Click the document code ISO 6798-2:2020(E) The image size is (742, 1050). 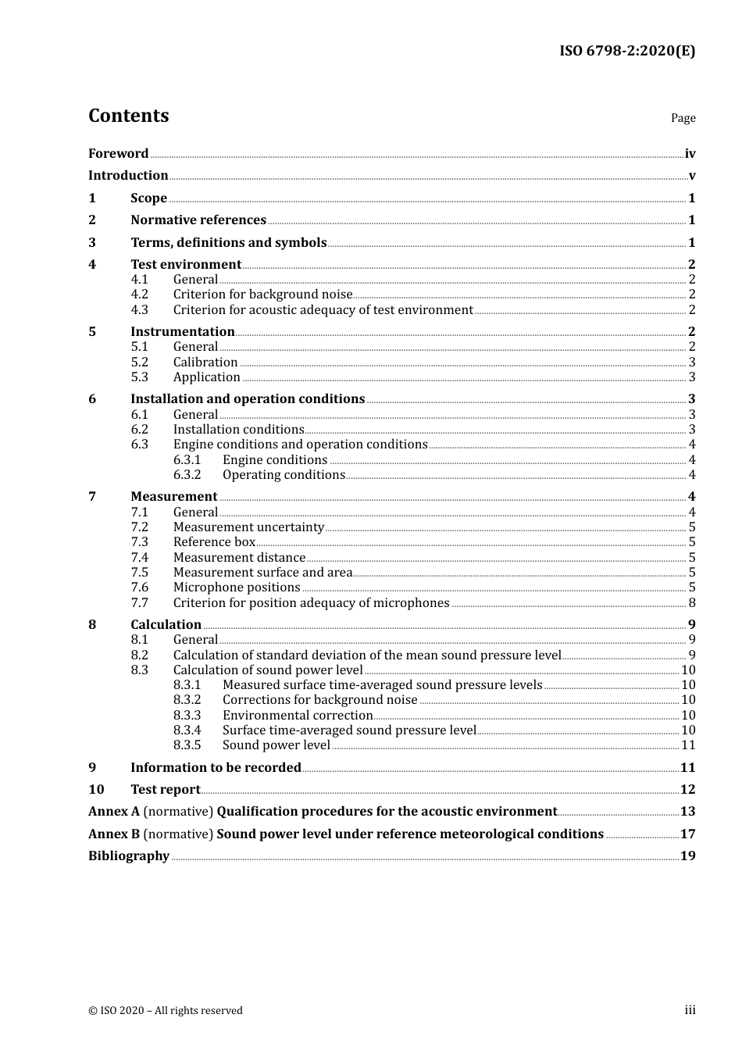[x=626, y=52]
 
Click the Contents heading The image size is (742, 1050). [x=128, y=116]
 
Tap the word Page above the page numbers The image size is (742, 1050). [x=683, y=118]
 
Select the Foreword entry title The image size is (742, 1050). [x=118, y=154]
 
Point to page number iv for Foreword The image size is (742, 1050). [x=690, y=154]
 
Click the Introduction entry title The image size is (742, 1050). [x=128, y=176]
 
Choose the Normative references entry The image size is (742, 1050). [x=198, y=220]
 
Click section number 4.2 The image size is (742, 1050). [x=139, y=295]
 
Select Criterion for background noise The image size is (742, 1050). [x=262, y=295]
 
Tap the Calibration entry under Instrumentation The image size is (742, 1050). [x=205, y=362]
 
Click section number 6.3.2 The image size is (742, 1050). [x=187, y=475]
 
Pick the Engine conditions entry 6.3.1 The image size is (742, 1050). [x=275, y=460]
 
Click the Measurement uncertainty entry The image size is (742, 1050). [x=248, y=527]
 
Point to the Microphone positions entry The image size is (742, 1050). [x=237, y=587]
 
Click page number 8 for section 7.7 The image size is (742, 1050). [x=692, y=603]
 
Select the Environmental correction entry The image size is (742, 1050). [x=298, y=716]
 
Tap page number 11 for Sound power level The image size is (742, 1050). [x=688, y=745]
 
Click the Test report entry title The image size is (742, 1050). [x=166, y=790]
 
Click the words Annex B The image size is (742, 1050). [x=114, y=834]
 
